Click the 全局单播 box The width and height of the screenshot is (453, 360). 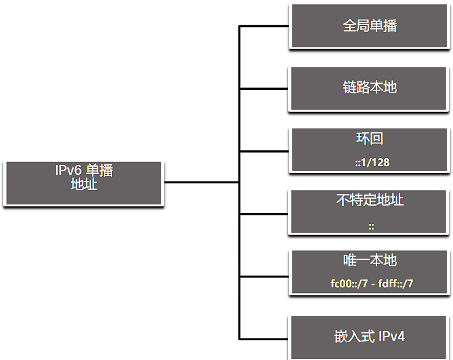click(369, 26)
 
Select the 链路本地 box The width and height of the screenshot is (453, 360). click(369, 89)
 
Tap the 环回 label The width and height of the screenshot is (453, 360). click(369, 138)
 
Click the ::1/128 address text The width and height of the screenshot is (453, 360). click(372, 162)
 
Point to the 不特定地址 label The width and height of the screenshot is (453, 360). click(369, 200)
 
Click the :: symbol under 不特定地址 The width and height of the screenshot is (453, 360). click(371, 226)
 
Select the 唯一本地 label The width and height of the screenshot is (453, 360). click(370, 260)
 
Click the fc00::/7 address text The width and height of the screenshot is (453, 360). click(349, 284)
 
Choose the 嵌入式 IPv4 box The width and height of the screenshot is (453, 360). click(369, 338)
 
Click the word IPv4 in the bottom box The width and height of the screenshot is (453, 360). click(391, 337)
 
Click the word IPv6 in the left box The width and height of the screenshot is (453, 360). click(68, 170)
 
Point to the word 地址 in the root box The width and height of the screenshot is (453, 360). click(84, 184)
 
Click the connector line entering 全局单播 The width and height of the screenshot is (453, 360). click(264, 26)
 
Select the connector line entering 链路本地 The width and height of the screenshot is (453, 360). click(264, 89)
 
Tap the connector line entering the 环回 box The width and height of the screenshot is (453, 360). click(264, 151)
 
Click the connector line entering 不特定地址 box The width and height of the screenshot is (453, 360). click(264, 214)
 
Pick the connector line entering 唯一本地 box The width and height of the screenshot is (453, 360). click(264, 276)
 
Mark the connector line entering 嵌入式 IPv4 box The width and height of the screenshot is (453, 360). click(264, 339)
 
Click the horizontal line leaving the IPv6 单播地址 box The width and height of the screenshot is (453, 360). click(202, 182)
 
